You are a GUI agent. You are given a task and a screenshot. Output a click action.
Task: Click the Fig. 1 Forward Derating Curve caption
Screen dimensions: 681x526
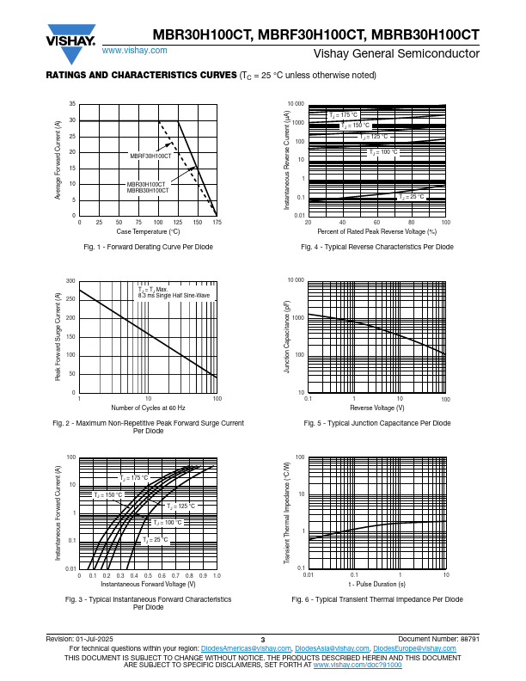click(x=148, y=247)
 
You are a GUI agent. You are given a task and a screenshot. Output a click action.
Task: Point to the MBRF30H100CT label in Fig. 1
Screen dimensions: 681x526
click(x=150, y=156)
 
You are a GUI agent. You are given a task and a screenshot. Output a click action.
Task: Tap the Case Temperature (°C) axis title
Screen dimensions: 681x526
click(x=148, y=231)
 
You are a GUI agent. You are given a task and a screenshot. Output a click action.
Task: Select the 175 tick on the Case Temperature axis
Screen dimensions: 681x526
click(x=217, y=222)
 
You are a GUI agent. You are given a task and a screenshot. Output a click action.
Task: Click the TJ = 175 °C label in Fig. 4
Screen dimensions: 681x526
click(x=344, y=115)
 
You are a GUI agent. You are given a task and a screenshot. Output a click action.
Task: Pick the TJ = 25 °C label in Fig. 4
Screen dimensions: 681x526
click(x=412, y=197)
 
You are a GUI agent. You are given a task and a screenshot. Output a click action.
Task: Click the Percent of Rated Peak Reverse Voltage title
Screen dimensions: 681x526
click(x=376, y=231)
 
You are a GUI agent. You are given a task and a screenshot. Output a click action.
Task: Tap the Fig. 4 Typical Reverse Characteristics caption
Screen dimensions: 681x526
click(x=376, y=247)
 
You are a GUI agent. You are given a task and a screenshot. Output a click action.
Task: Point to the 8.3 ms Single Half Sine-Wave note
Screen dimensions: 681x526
click(x=174, y=295)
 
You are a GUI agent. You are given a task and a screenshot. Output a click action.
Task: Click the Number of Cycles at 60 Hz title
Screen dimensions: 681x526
click(x=148, y=408)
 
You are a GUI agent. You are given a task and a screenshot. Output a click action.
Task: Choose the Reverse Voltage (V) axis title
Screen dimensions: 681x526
click(x=376, y=408)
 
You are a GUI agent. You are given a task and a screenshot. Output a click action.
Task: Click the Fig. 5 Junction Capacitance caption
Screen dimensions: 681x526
click(x=376, y=423)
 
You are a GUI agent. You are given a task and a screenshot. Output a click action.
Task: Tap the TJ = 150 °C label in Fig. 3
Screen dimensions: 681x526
click(x=108, y=495)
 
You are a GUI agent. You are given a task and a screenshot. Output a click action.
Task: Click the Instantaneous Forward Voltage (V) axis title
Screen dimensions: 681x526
click(x=148, y=584)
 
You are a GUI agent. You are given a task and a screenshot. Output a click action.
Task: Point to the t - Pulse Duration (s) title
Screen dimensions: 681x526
click(x=376, y=584)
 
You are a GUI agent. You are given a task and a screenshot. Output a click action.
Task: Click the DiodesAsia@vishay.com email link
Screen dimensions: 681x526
click(x=332, y=648)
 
